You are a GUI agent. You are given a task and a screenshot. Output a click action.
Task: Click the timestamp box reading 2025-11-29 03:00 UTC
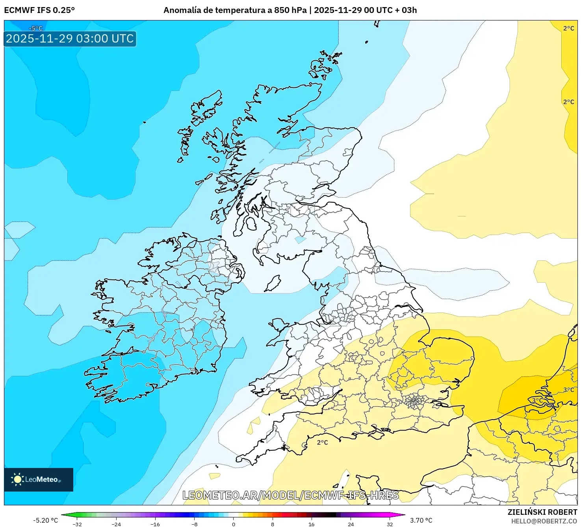70,39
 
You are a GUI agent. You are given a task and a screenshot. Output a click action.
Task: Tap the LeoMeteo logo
39,479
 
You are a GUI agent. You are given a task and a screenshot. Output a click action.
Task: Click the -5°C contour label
35,28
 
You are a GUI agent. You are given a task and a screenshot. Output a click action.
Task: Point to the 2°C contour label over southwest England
322,442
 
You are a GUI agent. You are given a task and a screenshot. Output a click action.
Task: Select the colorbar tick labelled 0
234,524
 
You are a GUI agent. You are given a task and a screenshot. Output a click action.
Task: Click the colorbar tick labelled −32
78,524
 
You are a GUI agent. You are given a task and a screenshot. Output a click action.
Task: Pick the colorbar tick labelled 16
312,524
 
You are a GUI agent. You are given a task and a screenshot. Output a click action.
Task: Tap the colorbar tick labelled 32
390,524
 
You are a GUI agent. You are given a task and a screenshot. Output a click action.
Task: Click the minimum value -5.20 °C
45,520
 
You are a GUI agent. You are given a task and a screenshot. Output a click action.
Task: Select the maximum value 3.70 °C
421,520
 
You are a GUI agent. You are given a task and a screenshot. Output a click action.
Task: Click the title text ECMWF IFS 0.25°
39,10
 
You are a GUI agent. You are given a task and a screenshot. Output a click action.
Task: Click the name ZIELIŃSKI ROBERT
542,512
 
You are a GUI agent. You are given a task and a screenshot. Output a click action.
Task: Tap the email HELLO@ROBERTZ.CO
544,521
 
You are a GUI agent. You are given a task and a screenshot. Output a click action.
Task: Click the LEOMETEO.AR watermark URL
291,495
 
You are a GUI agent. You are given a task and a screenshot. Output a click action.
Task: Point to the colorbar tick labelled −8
195,524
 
